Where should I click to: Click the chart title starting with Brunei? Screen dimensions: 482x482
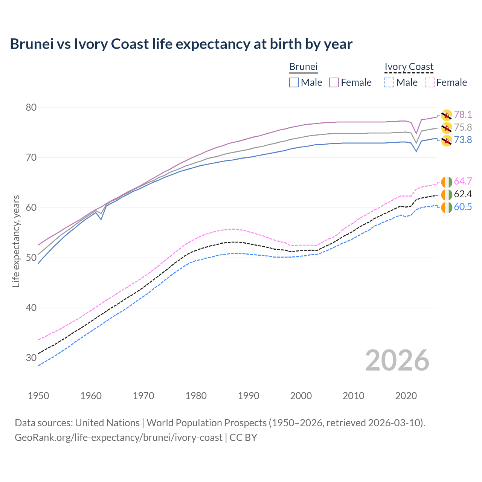click(181, 44)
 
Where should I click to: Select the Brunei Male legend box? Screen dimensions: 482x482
click(294, 82)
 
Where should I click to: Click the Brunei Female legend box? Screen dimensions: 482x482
click(334, 82)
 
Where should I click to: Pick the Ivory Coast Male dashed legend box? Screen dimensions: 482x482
click(389, 82)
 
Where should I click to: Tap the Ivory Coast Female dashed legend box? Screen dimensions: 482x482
click(430, 82)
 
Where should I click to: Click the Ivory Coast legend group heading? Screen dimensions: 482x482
click(409, 67)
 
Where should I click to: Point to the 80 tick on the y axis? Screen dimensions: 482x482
click(31, 108)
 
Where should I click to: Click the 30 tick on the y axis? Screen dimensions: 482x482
click(31, 358)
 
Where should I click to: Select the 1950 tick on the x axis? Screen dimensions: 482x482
click(38, 396)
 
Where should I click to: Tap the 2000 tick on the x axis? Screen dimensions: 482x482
click(301, 396)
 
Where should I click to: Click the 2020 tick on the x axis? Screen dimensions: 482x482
click(406, 396)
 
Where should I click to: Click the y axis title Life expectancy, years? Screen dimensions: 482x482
click(16, 241)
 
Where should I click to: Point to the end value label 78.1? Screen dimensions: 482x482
click(463, 114)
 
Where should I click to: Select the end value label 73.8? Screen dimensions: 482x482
click(463, 140)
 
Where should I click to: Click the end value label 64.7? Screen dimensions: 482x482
click(463, 182)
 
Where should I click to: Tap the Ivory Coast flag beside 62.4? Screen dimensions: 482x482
click(447, 195)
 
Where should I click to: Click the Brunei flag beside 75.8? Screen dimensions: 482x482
click(447, 128)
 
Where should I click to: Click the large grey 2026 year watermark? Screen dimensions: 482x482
click(397, 360)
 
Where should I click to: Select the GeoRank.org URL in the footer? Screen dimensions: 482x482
click(119, 438)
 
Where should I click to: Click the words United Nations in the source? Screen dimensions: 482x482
click(107, 423)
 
